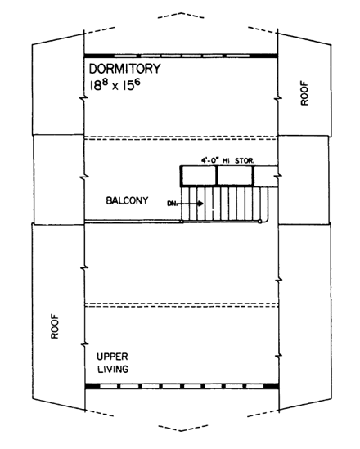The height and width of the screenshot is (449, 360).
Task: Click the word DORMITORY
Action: tap(126, 69)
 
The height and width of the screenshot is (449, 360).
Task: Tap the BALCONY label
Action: tap(126, 200)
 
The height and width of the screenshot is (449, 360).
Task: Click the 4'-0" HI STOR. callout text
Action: tap(228, 160)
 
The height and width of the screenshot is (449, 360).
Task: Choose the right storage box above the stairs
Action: tap(235, 175)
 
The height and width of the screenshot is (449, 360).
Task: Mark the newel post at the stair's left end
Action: tap(181, 222)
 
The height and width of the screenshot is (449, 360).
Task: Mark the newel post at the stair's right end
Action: tap(261, 222)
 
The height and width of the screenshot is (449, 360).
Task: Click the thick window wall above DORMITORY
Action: tap(181, 55)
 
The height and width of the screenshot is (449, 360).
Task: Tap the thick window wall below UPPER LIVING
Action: tap(181, 385)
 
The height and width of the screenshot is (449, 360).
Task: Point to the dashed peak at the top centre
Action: tap(181, 14)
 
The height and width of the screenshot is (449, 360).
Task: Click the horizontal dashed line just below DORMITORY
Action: tap(181, 137)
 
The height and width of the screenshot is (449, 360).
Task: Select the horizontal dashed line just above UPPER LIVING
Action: tap(181, 304)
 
